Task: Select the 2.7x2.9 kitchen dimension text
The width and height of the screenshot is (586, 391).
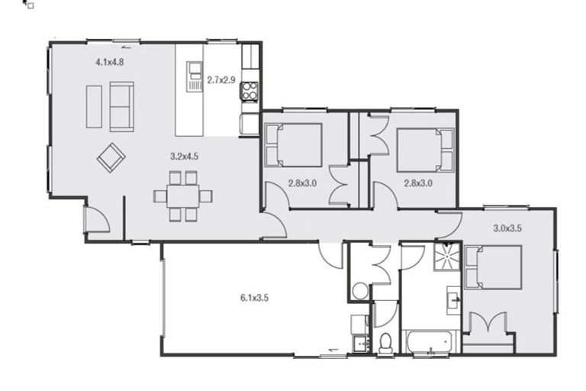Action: [x=221, y=79]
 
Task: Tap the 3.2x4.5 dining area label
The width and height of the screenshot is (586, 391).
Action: [x=184, y=156]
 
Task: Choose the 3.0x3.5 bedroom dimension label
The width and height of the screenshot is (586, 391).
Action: [x=507, y=228]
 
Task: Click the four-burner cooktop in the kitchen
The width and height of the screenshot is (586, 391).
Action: [x=250, y=92]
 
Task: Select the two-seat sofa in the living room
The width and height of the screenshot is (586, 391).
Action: [x=121, y=106]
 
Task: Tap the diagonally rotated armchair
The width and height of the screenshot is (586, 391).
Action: [x=111, y=158]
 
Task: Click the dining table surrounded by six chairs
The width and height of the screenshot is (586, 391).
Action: [x=183, y=196]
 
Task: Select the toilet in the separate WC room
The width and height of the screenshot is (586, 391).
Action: [x=386, y=342]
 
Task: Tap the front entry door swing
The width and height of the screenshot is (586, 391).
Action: [x=97, y=220]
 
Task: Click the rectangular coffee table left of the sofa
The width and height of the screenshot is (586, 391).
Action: [x=94, y=106]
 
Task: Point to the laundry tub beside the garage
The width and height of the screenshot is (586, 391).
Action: [x=360, y=325]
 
